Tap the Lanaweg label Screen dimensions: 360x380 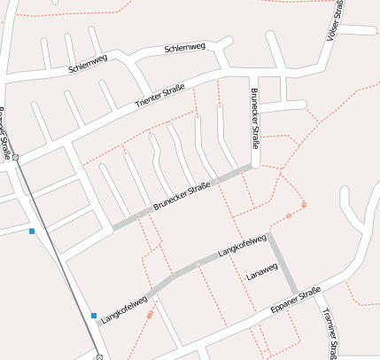pos(261,277)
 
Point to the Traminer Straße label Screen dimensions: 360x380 pos(329,333)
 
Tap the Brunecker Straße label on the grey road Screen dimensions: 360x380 pos(182,195)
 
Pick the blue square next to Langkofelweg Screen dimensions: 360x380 pos(94,315)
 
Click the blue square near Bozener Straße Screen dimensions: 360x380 pos(32,231)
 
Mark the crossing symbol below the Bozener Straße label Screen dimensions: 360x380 pos(15,158)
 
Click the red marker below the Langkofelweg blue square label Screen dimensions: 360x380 pos(150,313)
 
